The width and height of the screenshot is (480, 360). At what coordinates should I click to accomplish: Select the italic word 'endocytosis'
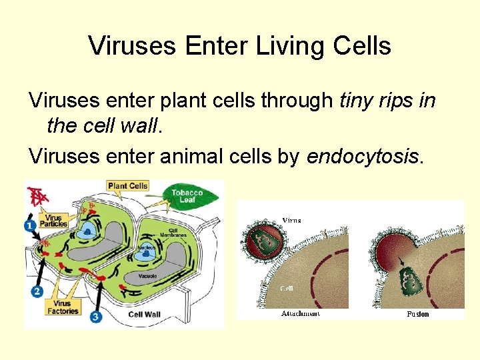363,157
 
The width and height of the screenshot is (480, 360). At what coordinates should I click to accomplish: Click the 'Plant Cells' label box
127,186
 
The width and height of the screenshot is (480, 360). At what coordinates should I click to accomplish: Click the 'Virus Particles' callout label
53,221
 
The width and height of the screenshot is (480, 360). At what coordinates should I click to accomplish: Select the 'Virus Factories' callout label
63,307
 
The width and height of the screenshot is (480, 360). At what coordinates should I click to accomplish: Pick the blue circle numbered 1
30,226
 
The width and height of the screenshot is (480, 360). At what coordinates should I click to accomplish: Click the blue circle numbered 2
37,291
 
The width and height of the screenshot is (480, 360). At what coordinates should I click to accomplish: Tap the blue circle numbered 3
96,317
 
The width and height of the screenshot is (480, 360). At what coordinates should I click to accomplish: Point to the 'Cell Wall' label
144,315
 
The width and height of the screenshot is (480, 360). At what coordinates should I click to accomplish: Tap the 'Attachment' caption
300,313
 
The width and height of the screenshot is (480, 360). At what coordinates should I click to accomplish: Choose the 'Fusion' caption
417,314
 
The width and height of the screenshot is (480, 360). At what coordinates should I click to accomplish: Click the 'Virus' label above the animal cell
291,220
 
